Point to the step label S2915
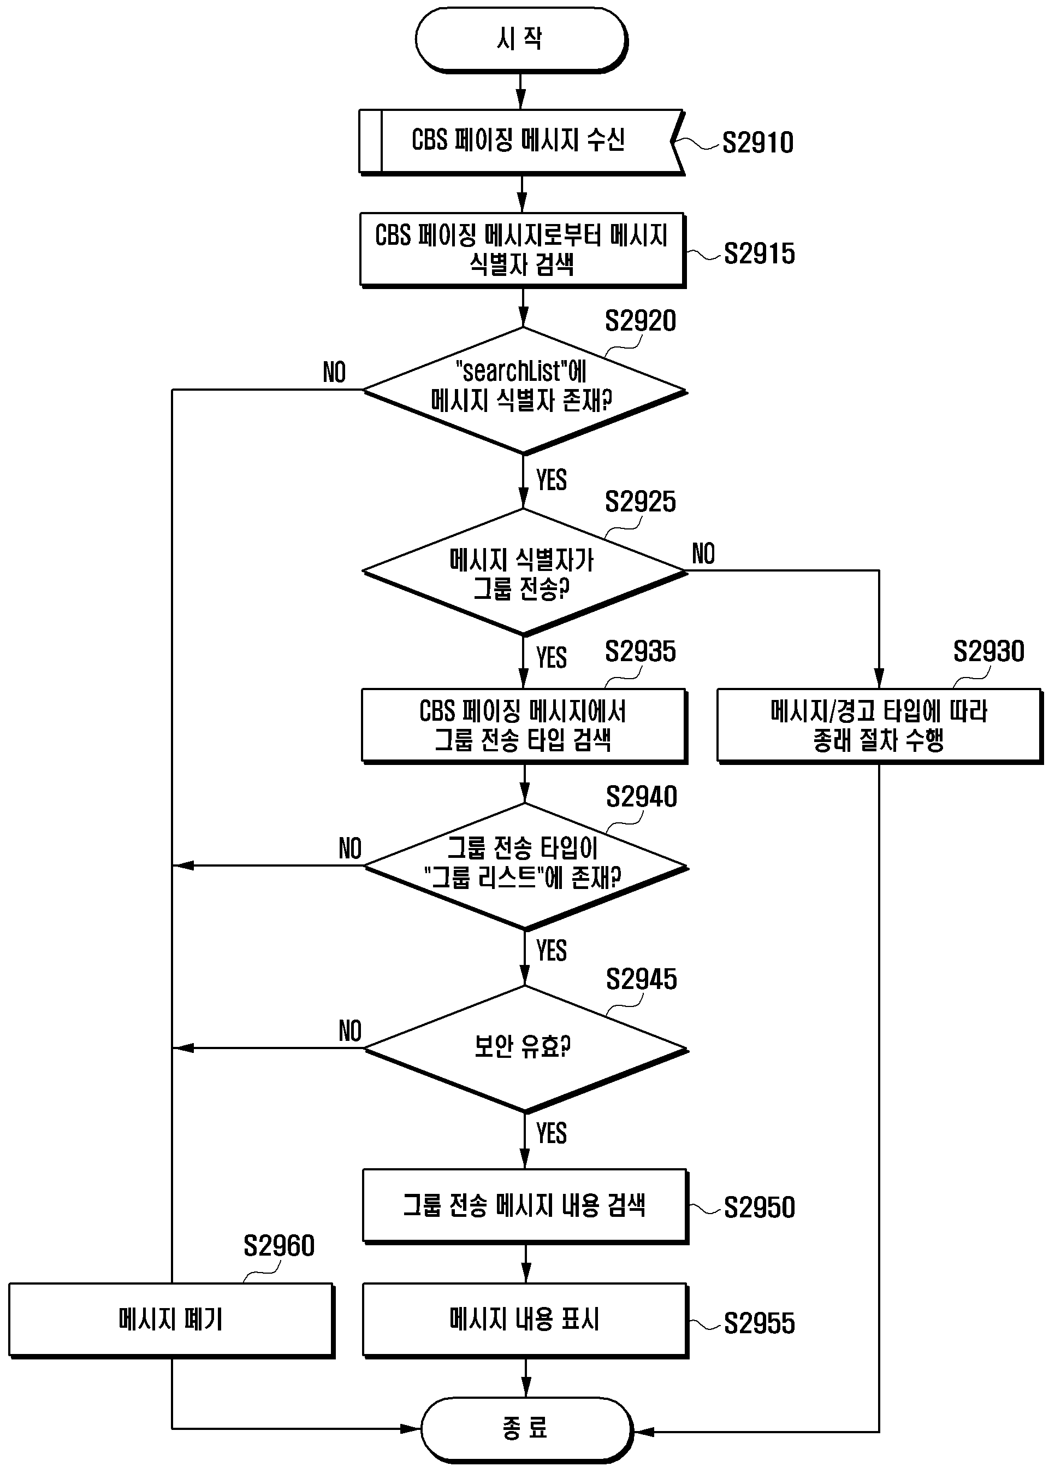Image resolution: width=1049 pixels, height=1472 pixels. pyautogui.click(x=759, y=254)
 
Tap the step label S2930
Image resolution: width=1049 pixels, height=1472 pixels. pyautogui.click(x=989, y=651)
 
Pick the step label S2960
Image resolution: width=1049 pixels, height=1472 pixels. pyautogui.click(x=279, y=1246)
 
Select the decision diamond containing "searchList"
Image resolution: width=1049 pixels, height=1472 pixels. pyautogui.click(x=524, y=391)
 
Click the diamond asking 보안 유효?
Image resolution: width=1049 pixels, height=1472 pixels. pyautogui.click(x=526, y=1049)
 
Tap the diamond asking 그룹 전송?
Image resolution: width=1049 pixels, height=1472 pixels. pyautogui.click(x=524, y=572)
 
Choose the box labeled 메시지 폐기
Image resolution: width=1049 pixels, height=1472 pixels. pyautogui.click(x=171, y=1320)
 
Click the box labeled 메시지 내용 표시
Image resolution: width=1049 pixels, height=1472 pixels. pyautogui.click(x=525, y=1320)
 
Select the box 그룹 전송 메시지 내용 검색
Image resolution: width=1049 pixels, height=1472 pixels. pyautogui.click(x=525, y=1206)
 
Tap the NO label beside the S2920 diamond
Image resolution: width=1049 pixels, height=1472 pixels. pyautogui.click(x=335, y=373)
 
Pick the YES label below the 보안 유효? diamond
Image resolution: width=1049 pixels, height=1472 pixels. pyautogui.click(x=552, y=1133)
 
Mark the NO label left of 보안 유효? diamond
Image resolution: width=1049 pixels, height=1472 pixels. pyautogui.click(x=350, y=1031)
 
